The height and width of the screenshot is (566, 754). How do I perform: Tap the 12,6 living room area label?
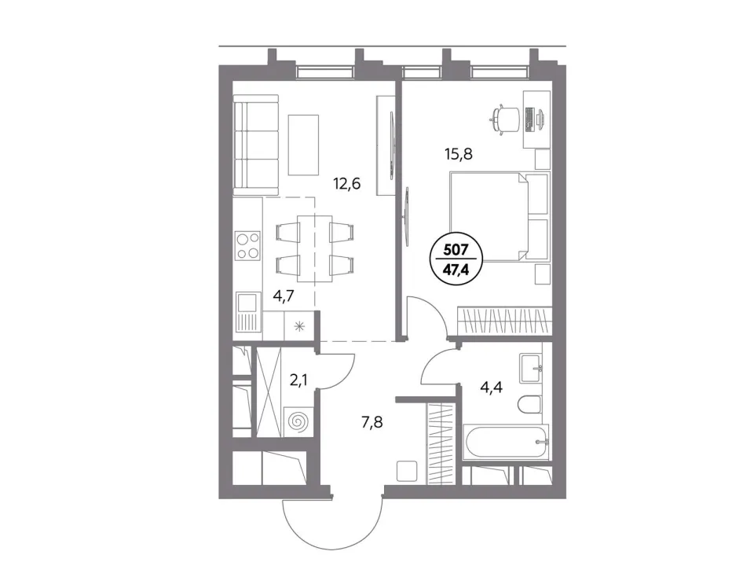coord(347,183)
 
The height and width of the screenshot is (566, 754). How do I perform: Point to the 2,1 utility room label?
coord(298,380)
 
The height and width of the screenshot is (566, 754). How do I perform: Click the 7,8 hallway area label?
coord(372,423)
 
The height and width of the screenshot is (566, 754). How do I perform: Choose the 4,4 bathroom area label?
coord(491,387)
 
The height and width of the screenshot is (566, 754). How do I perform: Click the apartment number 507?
coord(456,250)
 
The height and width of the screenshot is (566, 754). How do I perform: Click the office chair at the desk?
coord(505,117)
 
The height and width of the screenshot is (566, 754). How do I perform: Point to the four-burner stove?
coord(247,245)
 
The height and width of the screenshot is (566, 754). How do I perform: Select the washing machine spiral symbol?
coord(298,422)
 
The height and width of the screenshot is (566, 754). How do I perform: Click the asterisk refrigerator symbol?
coord(299,327)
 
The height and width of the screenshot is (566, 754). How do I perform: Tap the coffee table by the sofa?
coord(303,145)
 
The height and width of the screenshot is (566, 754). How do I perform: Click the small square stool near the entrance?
coord(408,471)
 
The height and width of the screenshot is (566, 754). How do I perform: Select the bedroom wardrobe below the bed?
coord(503,320)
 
